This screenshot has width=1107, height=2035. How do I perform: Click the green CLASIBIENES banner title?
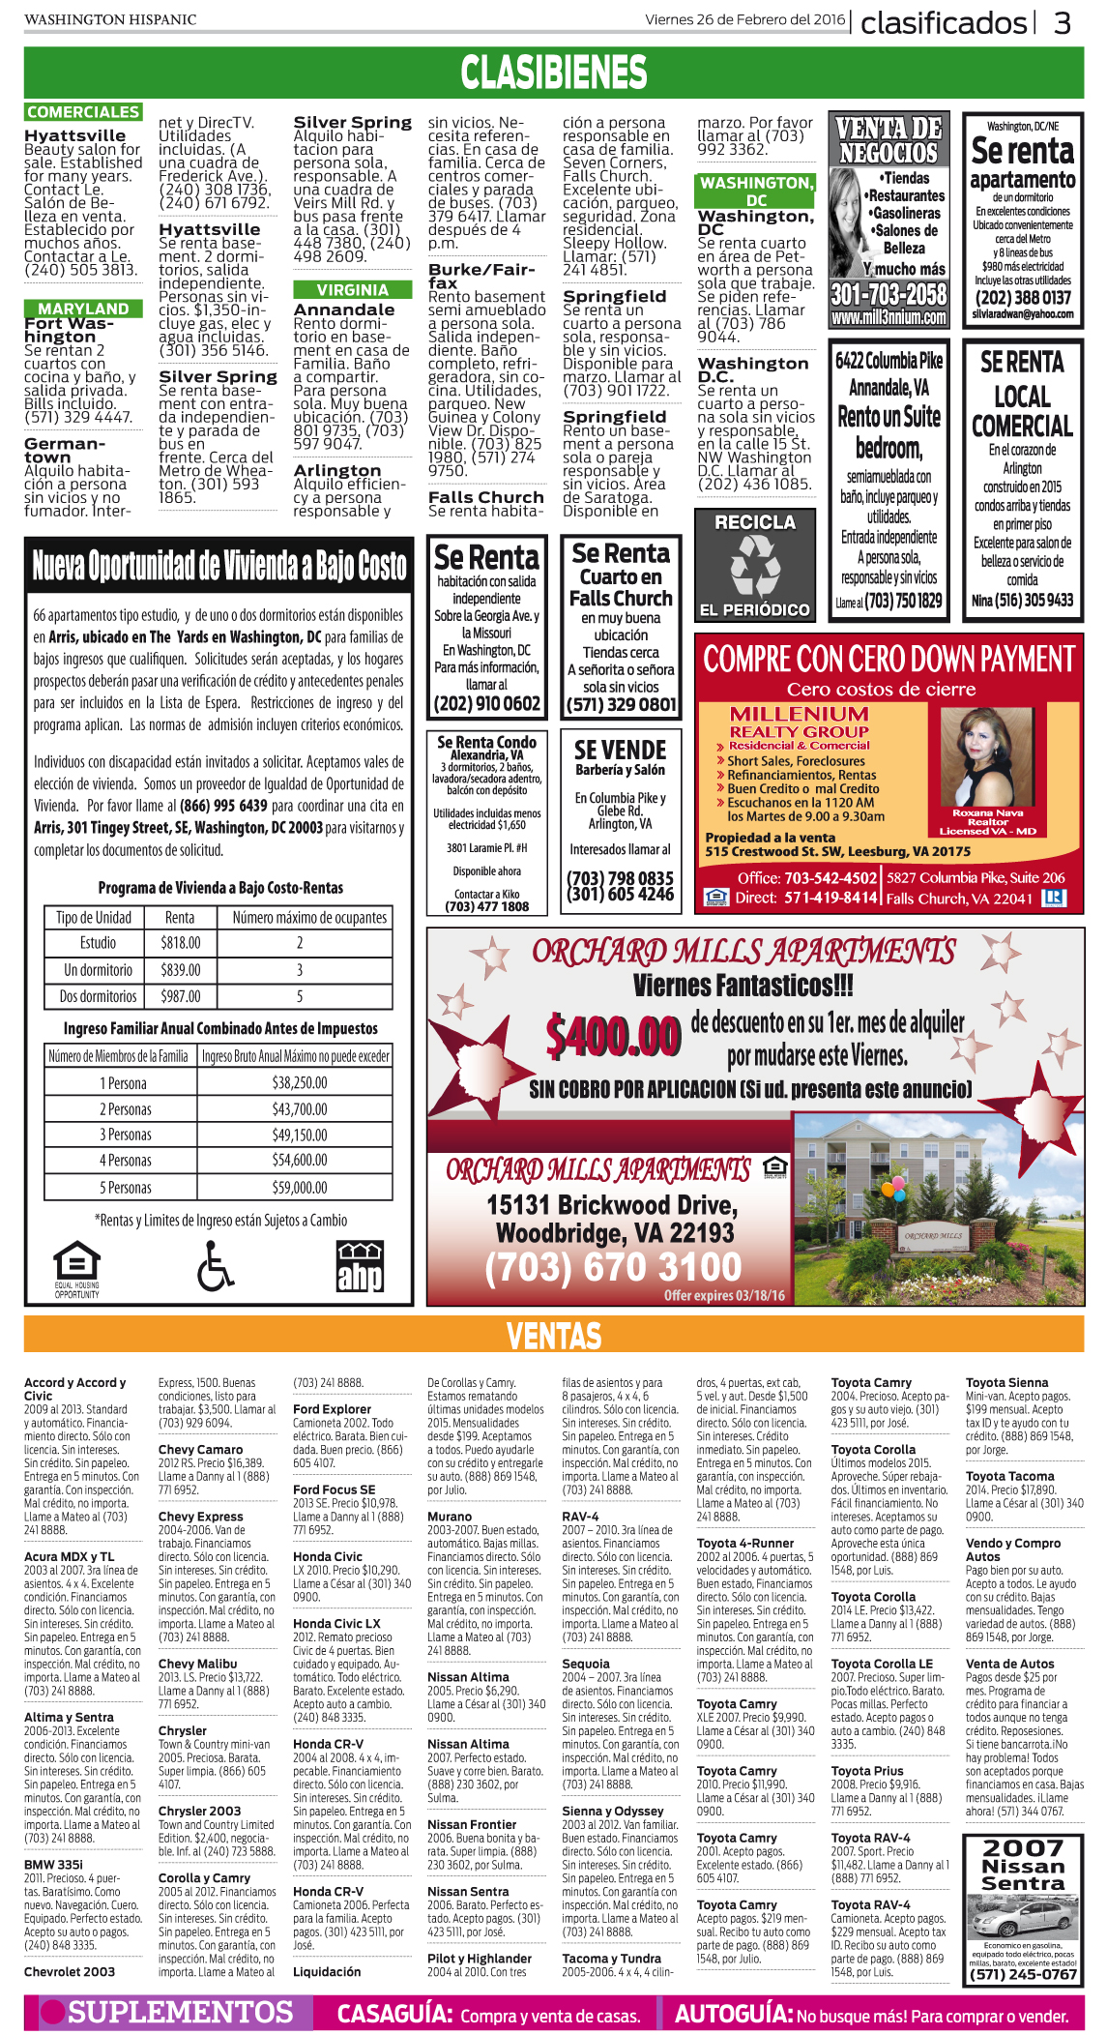point(553,73)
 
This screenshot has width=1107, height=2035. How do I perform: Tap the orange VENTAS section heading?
point(553,1337)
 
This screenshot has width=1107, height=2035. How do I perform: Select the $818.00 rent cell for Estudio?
point(180,943)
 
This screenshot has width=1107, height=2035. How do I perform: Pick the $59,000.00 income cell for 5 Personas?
point(299,1187)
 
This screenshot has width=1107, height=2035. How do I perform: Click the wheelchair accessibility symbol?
point(215,1265)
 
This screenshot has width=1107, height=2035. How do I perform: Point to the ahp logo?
point(360,1267)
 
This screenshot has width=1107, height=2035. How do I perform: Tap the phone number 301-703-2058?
point(889,293)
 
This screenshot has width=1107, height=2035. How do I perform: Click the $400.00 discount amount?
point(613,1036)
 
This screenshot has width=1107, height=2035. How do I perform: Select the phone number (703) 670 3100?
point(613,1267)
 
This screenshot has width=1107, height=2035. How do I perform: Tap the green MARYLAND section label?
point(83,309)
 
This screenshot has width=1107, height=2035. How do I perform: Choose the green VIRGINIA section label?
point(352,290)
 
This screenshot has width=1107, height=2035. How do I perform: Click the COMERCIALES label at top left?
point(83,112)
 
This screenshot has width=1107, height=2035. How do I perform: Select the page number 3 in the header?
point(1062,22)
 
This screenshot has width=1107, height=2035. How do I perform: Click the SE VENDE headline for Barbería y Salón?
point(620,751)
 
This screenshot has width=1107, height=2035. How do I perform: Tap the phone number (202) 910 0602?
point(486,704)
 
